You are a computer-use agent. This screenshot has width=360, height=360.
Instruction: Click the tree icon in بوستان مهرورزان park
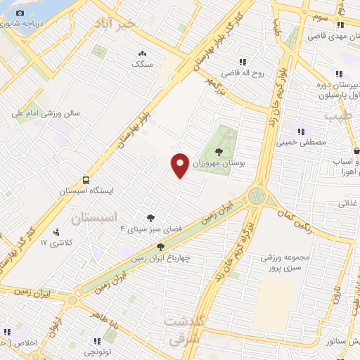click(218, 150)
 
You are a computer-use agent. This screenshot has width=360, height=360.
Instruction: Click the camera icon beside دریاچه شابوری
click(19, 13)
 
